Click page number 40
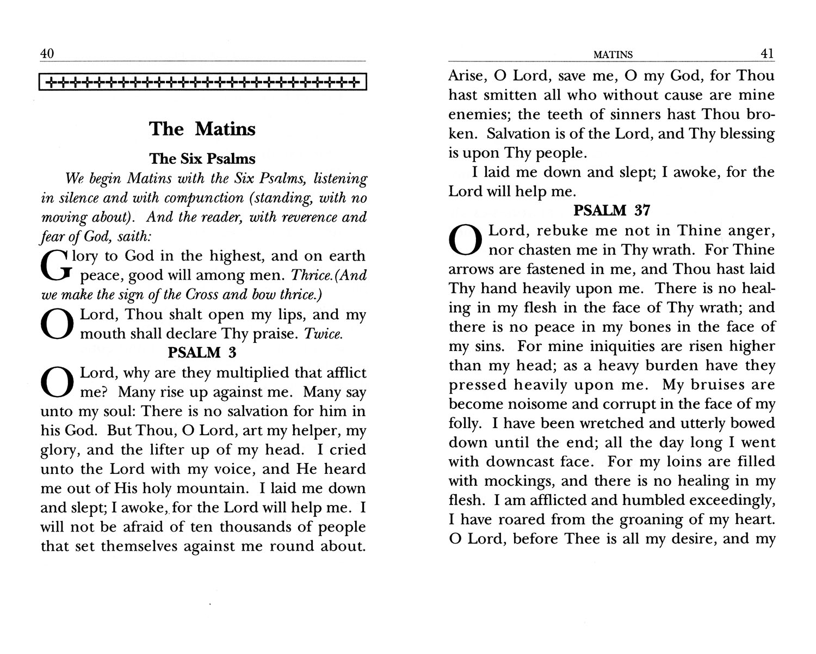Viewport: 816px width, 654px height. [x=47, y=54]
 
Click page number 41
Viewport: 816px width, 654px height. [x=766, y=54]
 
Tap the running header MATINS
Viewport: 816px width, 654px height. [x=613, y=55]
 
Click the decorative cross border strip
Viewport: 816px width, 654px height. [x=203, y=83]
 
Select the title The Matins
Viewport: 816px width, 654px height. [x=202, y=129]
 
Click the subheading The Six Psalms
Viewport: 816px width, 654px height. [x=202, y=159]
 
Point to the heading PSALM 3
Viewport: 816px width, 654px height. [x=202, y=353]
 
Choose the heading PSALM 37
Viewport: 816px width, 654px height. [x=612, y=210]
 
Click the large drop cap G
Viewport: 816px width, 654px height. [x=57, y=265]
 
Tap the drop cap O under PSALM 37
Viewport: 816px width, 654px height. [x=465, y=240]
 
